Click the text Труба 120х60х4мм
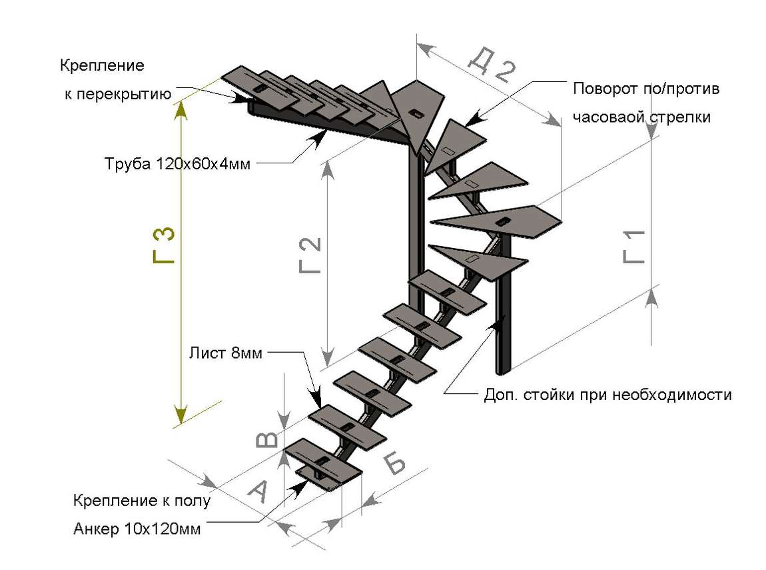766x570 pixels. [x=177, y=164]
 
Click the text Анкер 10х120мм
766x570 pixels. [x=137, y=529]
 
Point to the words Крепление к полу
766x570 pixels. [x=142, y=501]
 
